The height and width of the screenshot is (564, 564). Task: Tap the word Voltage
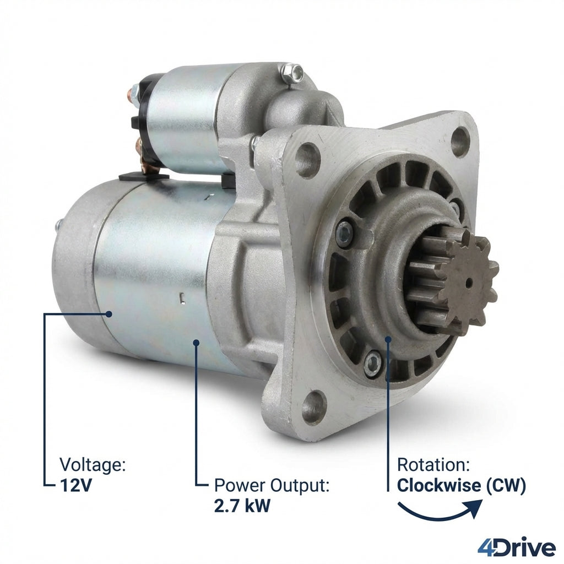93,464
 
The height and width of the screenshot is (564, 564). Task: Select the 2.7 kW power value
242,506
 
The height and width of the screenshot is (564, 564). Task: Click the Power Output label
272,486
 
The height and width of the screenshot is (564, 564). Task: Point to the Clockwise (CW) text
461,485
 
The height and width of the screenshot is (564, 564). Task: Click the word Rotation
433,465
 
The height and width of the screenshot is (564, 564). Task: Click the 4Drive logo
516,548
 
